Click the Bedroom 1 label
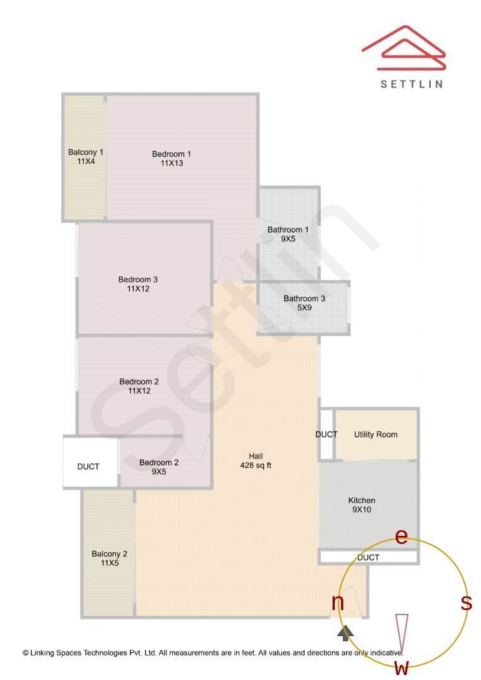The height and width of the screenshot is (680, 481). (171, 159)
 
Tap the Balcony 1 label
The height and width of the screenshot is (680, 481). (86, 157)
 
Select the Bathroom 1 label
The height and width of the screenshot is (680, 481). (288, 234)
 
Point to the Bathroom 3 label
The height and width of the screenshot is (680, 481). (304, 303)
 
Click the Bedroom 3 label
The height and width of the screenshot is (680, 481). (138, 284)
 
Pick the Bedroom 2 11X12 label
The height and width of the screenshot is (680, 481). (139, 386)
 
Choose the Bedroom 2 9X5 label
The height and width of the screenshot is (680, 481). (159, 467)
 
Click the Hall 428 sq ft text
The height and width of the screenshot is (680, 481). (256, 461)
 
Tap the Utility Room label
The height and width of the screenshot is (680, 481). (376, 434)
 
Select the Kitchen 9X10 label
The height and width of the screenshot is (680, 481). (362, 505)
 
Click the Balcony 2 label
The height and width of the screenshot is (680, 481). (110, 558)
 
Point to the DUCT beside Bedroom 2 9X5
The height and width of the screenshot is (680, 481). (88, 467)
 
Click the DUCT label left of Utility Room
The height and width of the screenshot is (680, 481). (327, 434)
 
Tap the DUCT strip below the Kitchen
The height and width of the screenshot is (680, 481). (368, 557)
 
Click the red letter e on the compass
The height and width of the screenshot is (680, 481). (401, 536)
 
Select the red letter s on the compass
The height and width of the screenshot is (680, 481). (467, 603)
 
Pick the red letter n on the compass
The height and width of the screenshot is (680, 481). (338, 603)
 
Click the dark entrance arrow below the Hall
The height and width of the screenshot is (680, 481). (345, 632)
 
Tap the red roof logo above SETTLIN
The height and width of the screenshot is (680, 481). (404, 49)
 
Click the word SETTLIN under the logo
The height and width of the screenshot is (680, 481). (412, 84)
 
